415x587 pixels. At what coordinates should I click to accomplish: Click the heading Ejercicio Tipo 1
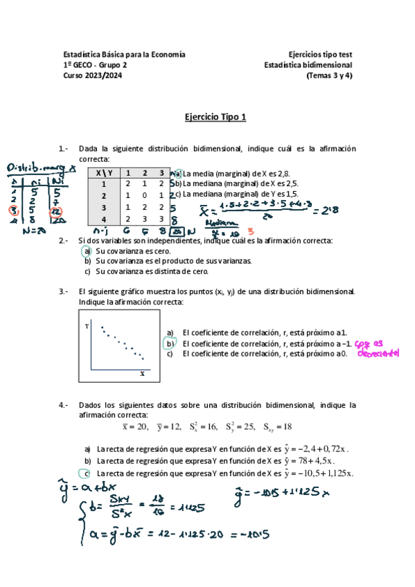pyautogui.click(x=215, y=118)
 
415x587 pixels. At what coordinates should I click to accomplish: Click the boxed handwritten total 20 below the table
pyautogui.click(x=179, y=230)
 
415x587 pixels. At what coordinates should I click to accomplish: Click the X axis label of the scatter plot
pyautogui.click(x=142, y=373)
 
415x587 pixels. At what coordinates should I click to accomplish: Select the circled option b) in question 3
pyautogui.click(x=168, y=343)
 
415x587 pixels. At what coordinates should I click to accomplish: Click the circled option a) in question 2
pyautogui.click(x=88, y=251)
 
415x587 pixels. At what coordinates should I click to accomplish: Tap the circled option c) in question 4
pyautogui.click(x=87, y=473)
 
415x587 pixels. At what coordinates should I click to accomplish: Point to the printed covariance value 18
pyautogui.click(x=287, y=427)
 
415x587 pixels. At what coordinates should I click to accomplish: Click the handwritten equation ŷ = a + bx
pyautogui.click(x=87, y=491)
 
